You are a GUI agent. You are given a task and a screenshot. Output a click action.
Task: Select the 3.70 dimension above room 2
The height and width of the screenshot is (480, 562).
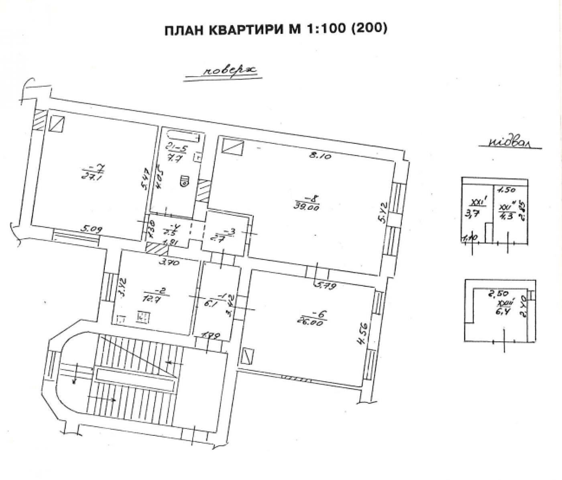pyautogui.click(x=169, y=263)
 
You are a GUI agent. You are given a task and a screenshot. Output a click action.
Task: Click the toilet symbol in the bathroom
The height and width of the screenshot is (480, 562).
pyautogui.click(x=185, y=181)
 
